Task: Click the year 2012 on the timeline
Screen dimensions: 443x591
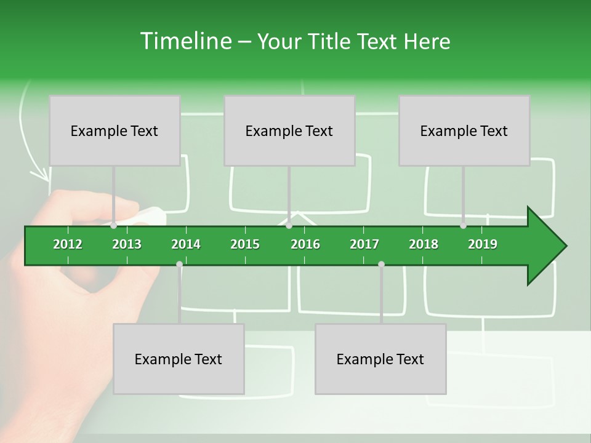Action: (68, 244)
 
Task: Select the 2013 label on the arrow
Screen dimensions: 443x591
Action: (127, 244)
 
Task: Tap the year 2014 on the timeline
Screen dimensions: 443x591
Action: (186, 244)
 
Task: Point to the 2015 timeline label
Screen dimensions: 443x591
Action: (245, 244)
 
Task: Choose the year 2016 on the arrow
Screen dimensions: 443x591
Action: (305, 244)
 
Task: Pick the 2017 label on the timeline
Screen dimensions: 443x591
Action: (364, 244)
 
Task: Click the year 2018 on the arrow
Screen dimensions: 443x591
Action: (424, 244)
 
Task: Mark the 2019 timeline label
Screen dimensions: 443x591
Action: (483, 244)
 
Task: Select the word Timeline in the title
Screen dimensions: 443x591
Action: (185, 41)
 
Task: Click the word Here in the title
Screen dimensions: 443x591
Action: (427, 42)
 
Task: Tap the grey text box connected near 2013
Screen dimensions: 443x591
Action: (115, 130)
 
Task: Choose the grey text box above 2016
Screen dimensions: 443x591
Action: (289, 130)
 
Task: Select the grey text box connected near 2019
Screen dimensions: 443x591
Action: (464, 130)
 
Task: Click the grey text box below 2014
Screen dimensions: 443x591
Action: (179, 359)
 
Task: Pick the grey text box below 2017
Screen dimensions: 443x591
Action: (380, 359)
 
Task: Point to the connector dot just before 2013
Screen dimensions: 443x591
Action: (114, 226)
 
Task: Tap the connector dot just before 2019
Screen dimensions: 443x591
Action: (463, 226)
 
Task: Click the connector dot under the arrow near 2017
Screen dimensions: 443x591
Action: (381, 265)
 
